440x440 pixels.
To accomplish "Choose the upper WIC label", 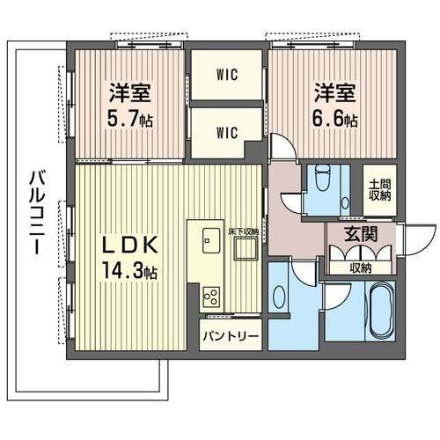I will tap(226, 75).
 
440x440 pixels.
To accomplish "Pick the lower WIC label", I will tap(226, 133).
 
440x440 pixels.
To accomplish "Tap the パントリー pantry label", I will tap(231, 336).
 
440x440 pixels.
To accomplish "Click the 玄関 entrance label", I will tap(362, 235).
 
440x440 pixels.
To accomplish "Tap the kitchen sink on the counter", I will tap(210, 239).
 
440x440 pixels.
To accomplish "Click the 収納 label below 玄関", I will tap(361, 268).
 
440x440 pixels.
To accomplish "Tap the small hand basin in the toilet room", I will tap(344, 202).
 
